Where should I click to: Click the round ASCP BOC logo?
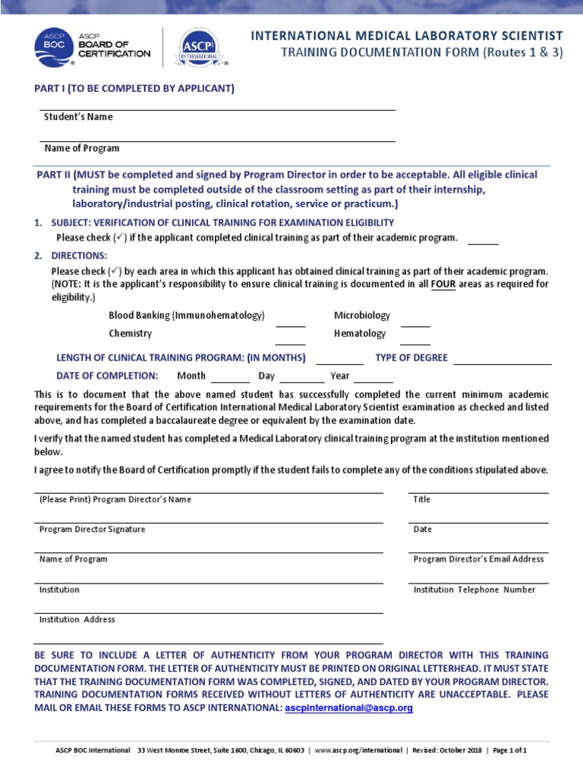(x=52, y=48)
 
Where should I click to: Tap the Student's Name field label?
(x=76, y=117)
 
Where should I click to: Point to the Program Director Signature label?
(x=92, y=529)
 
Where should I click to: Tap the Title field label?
(x=422, y=499)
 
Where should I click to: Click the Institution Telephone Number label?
(x=474, y=590)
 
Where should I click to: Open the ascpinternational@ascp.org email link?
(x=348, y=708)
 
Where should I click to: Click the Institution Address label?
(x=77, y=619)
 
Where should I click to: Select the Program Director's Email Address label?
(x=478, y=559)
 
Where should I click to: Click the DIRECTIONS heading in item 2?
(x=79, y=256)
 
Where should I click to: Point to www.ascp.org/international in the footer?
(x=358, y=750)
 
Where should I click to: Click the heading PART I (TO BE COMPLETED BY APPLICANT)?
(x=134, y=89)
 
